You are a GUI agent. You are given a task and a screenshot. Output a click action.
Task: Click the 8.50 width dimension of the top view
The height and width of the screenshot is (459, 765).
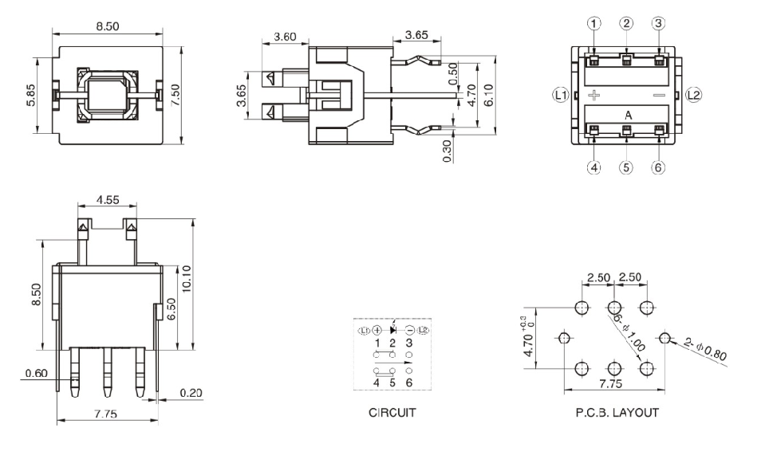pyautogui.click(x=108, y=26)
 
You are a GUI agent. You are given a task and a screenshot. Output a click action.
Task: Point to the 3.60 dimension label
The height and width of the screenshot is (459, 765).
pyautogui.click(x=286, y=37)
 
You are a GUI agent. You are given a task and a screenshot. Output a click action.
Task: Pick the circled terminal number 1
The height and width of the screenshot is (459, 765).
pyautogui.click(x=594, y=23)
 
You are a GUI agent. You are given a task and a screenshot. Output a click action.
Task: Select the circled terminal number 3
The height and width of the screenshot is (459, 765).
pyautogui.click(x=658, y=23)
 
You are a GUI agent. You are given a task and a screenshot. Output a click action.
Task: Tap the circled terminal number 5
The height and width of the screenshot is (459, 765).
pyautogui.click(x=626, y=167)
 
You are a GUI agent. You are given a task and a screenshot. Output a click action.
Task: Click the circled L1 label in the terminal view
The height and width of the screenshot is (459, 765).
pyautogui.click(x=561, y=95)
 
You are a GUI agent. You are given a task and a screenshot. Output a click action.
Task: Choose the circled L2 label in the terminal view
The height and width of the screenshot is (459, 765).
pyautogui.click(x=693, y=95)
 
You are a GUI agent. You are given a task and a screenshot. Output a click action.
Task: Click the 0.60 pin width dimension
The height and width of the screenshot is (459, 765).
pyautogui.click(x=35, y=372)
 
